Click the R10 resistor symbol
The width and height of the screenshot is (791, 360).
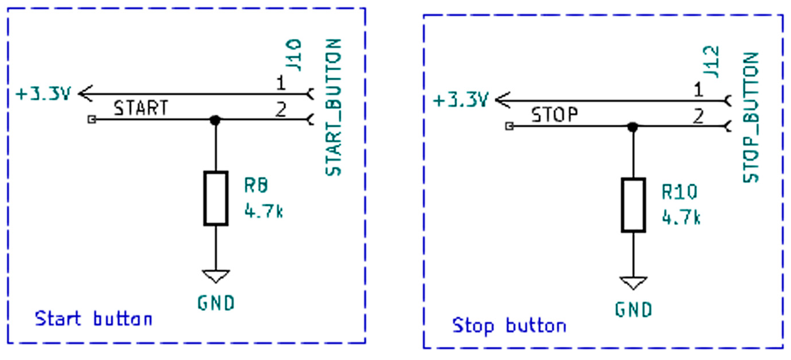[633, 205]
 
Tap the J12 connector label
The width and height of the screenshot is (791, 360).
[711, 62]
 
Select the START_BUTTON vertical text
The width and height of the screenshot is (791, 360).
[333, 108]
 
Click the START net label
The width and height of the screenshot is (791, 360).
[141, 108]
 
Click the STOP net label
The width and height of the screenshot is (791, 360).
[555, 115]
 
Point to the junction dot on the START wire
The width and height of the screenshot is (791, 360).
[215, 119]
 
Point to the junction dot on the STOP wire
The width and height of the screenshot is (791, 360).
[633, 126]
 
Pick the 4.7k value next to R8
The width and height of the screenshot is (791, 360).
[263, 212]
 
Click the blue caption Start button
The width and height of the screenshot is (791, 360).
[93, 319]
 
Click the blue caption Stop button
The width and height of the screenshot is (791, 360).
[509, 325]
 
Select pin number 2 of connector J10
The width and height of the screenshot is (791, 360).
[281, 109]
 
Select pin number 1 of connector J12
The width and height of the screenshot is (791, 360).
[699, 90]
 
